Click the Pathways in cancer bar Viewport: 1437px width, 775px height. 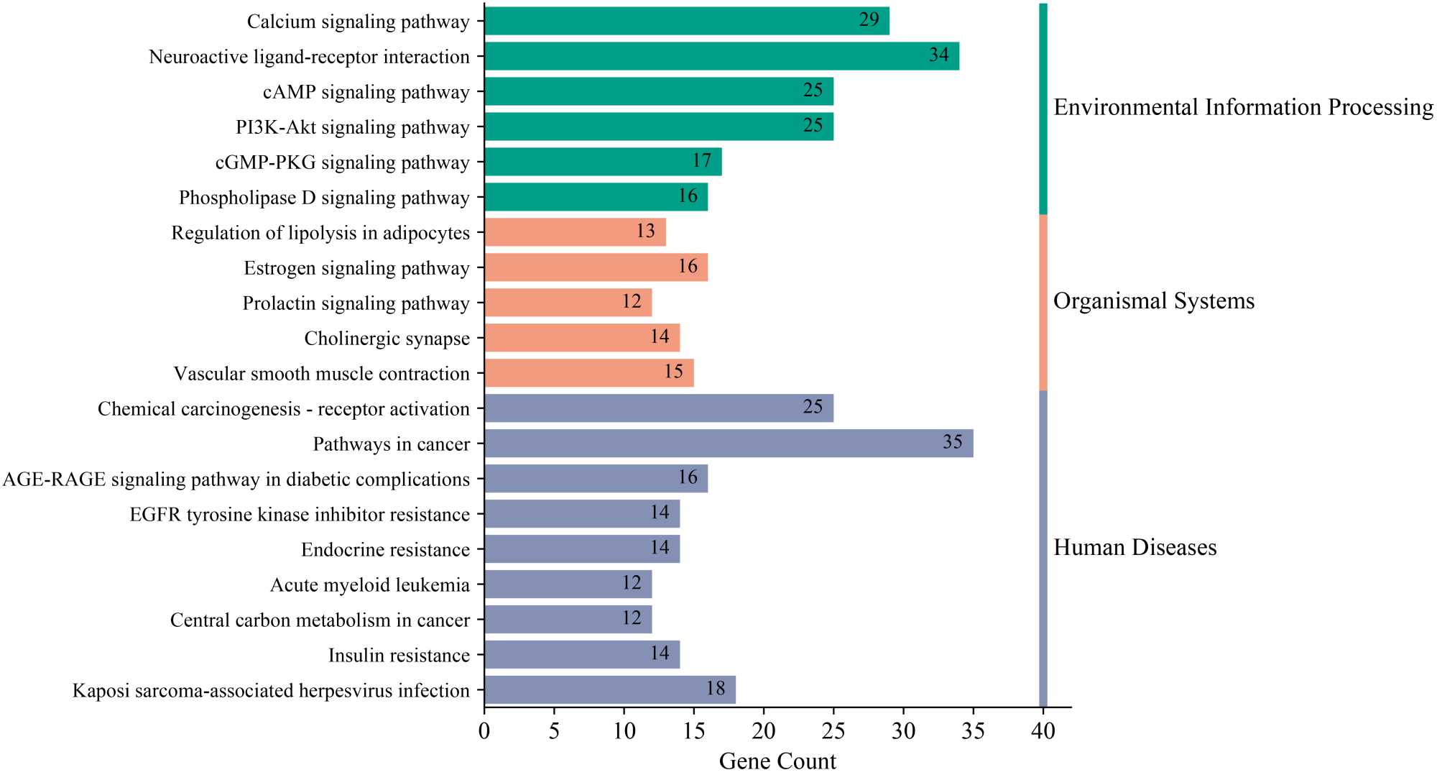coord(729,444)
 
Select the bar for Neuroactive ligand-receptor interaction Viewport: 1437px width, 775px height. coord(721,56)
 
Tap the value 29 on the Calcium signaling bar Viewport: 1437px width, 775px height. coord(869,20)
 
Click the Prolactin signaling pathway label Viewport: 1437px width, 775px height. coord(356,303)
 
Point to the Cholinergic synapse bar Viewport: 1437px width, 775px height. coord(582,338)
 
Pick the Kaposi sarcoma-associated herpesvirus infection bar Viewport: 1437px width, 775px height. coord(610,690)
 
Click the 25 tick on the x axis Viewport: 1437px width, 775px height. coord(833,731)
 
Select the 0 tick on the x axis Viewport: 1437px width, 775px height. coord(484,731)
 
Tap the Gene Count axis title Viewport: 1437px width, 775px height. coord(777,761)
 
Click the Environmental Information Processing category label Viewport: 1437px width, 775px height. coord(1243,107)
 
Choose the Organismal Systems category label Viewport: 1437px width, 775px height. coord(1154,301)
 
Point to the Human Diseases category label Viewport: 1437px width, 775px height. coord(1135,548)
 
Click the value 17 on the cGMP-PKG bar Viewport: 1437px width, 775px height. coord(701,161)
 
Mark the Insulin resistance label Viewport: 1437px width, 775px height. coord(399,656)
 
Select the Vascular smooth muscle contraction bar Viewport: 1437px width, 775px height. coord(589,373)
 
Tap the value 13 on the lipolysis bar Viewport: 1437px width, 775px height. coord(645,231)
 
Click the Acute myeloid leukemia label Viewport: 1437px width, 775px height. coord(369,585)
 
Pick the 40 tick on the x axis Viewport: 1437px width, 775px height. coord(1043,731)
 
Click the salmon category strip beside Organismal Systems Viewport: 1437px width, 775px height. coord(1043,302)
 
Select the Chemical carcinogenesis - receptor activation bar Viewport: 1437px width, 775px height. coord(659,408)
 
